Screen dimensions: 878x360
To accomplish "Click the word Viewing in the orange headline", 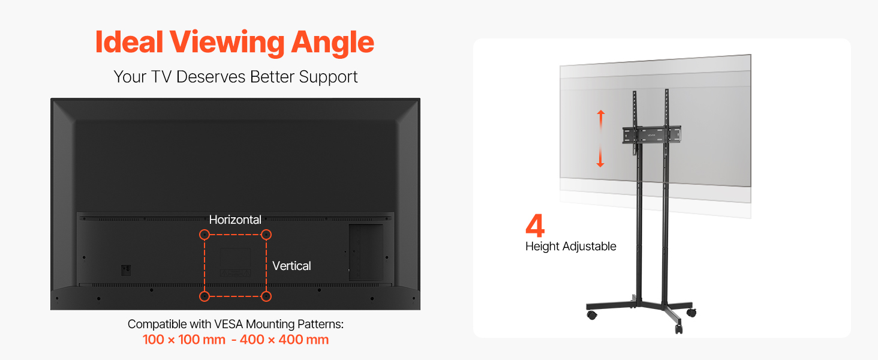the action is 227,43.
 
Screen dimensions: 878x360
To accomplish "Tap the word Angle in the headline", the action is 333,43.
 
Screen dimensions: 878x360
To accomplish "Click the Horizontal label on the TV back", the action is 235,220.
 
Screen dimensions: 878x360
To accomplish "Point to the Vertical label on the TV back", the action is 291,266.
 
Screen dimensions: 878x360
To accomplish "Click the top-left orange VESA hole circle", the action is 205,235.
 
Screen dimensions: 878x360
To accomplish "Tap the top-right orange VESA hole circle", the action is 266,235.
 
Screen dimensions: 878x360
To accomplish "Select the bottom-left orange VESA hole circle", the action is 205,296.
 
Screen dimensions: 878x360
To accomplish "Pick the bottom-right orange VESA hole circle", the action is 266,296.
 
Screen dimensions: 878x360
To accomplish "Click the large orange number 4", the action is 535,226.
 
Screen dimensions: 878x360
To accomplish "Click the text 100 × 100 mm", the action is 184,340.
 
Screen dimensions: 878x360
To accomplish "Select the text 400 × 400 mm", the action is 284,340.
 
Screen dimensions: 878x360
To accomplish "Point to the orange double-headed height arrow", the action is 600,139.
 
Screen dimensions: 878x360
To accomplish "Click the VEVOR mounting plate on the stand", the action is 651,135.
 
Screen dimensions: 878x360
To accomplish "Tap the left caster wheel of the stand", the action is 592,315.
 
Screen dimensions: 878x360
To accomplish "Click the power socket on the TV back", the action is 126,270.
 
